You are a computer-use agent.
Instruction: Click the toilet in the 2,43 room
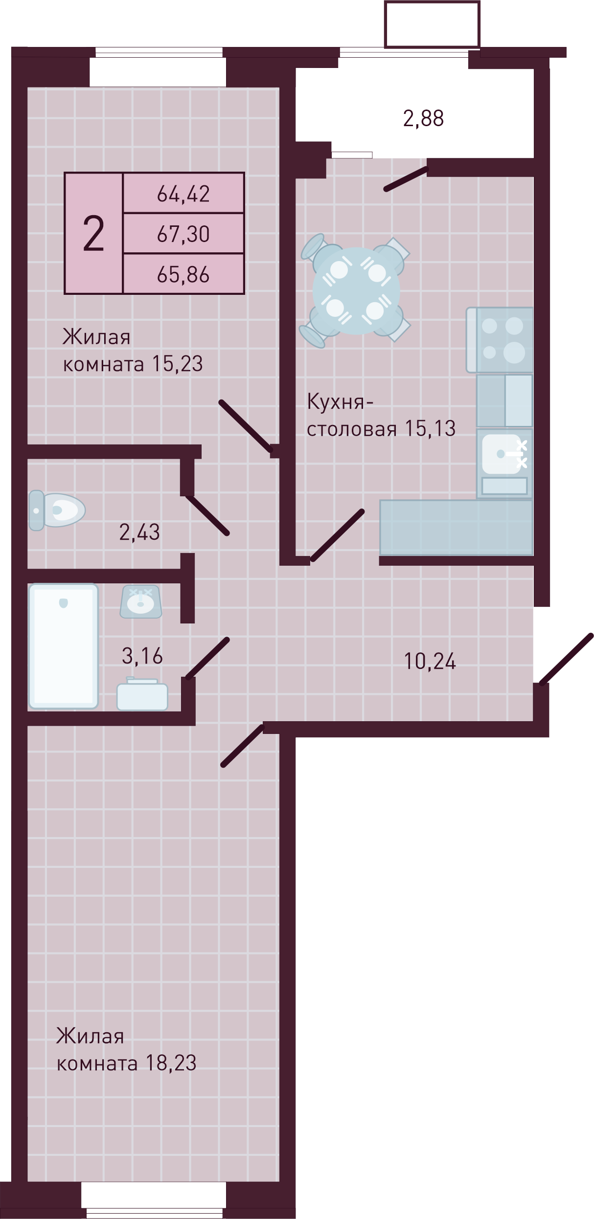(x=57, y=510)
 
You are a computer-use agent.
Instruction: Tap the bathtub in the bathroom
(x=64, y=646)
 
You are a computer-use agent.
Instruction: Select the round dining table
(x=356, y=291)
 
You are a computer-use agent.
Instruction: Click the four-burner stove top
(x=500, y=340)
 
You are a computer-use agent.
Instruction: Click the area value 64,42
(x=183, y=194)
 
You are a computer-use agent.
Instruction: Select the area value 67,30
(x=183, y=234)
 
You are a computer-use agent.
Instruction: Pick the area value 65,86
(x=183, y=274)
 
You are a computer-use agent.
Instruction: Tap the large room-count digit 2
(x=93, y=234)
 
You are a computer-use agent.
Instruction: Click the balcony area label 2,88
(x=423, y=118)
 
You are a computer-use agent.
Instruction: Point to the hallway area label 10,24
(x=430, y=661)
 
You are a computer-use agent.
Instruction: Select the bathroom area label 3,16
(x=142, y=656)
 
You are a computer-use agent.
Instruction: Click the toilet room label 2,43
(x=139, y=532)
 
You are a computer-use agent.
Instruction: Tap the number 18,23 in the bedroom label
(x=171, y=1063)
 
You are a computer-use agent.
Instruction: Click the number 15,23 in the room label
(x=177, y=363)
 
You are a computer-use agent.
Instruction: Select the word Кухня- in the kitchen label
(x=340, y=402)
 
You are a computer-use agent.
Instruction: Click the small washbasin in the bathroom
(x=141, y=601)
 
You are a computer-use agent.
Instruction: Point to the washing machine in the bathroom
(x=142, y=694)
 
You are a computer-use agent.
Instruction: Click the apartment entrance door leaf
(x=566, y=659)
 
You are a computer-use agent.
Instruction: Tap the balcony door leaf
(x=406, y=179)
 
